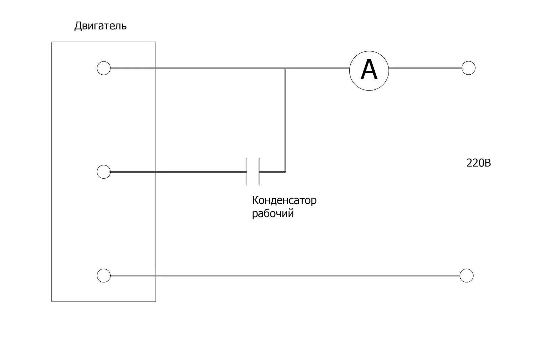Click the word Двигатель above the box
click(100, 26)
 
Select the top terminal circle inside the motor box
click(104, 68)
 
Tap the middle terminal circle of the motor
click(104, 172)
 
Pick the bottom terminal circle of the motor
click(104, 276)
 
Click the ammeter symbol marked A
click(369, 71)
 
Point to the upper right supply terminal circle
click(468, 68)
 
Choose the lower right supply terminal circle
click(466, 276)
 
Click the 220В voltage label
click(479, 163)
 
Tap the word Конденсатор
click(284, 200)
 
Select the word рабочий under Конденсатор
click(273, 213)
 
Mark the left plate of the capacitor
click(246, 172)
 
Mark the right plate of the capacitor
click(259, 172)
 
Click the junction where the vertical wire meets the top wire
click(286, 68)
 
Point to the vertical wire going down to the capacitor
click(286, 118)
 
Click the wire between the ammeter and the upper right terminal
click(425, 68)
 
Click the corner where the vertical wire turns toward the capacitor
click(286, 172)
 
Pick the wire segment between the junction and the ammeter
click(317, 68)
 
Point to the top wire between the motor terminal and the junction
click(202, 68)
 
